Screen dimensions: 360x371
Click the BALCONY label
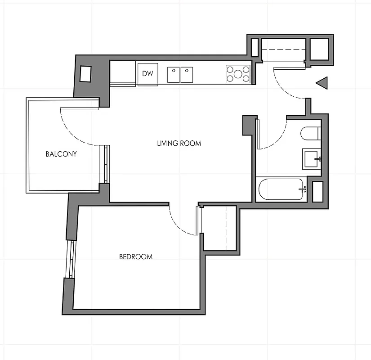click(x=61, y=154)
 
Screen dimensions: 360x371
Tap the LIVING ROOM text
click(x=179, y=144)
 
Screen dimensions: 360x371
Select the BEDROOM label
click(x=135, y=257)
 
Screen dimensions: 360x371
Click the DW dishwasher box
click(x=148, y=74)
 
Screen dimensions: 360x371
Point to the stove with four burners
click(x=238, y=74)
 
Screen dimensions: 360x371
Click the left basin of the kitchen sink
click(x=174, y=75)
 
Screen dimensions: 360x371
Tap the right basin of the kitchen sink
click(x=187, y=75)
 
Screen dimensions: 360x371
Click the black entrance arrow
click(x=322, y=83)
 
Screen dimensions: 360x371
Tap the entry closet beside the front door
click(x=283, y=50)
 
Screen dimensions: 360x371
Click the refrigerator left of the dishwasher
click(x=123, y=73)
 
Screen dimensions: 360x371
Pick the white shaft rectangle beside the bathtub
click(x=317, y=191)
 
